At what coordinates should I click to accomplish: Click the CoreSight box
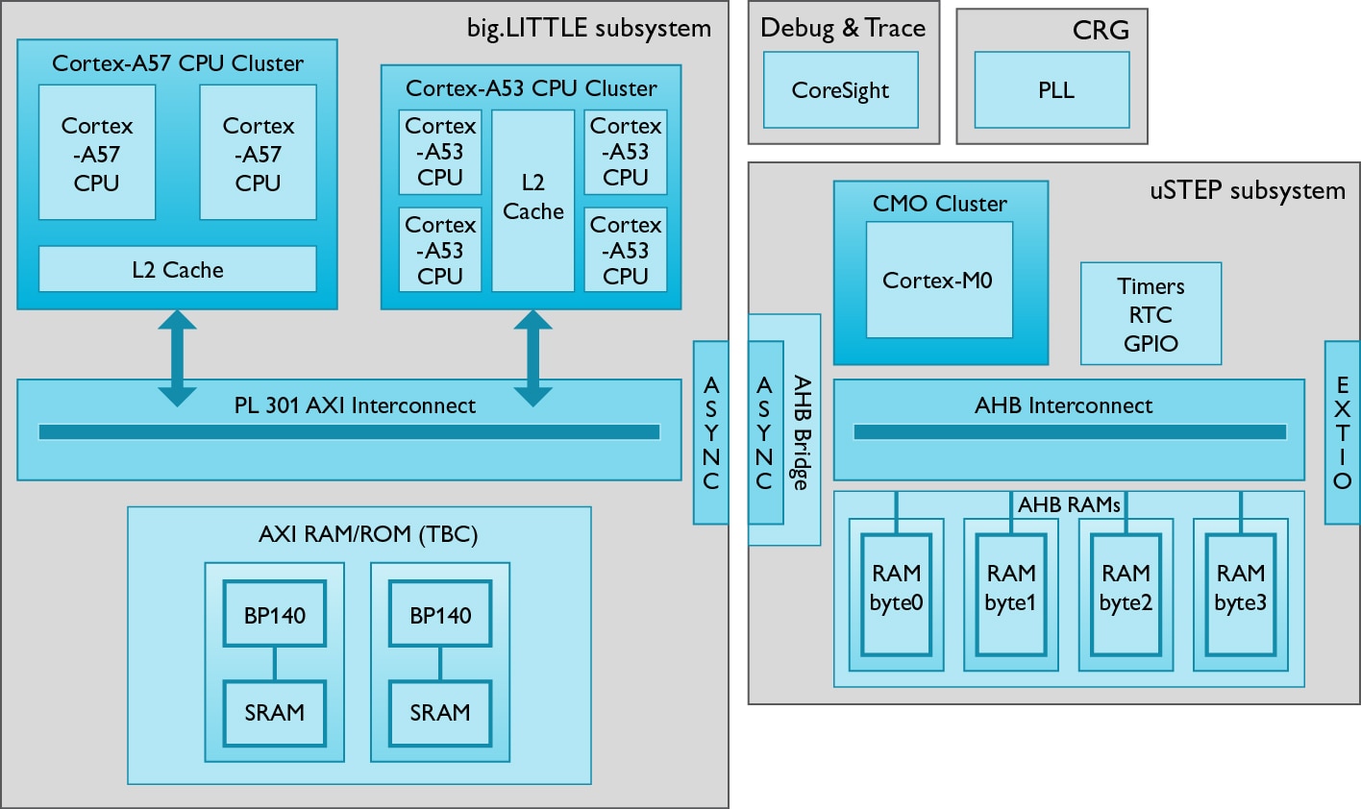pyautogui.click(x=840, y=89)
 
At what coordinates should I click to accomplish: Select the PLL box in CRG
pyautogui.click(x=1052, y=89)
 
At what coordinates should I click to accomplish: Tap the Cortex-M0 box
pyautogui.click(x=938, y=280)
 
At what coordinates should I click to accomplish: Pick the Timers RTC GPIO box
pyautogui.click(x=1151, y=314)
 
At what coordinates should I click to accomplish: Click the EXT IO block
pyautogui.click(x=1343, y=432)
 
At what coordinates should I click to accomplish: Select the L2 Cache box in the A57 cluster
pyautogui.click(x=177, y=269)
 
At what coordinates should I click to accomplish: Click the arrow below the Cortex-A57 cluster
pyautogui.click(x=177, y=357)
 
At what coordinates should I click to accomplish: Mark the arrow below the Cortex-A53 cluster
pyautogui.click(x=532, y=357)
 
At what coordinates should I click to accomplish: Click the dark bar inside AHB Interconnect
pyautogui.click(x=1069, y=432)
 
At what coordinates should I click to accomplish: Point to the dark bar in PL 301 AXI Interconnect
pyautogui.click(x=349, y=432)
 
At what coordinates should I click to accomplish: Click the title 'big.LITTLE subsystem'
pyautogui.click(x=589, y=28)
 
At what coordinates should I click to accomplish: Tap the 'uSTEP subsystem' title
pyautogui.click(x=1247, y=190)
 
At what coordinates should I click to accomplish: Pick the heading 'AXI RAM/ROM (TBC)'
pyautogui.click(x=368, y=534)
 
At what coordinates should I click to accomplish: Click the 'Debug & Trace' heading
pyautogui.click(x=843, y=28)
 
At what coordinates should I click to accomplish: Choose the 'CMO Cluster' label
pyautogui.click(x=939, y=204)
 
